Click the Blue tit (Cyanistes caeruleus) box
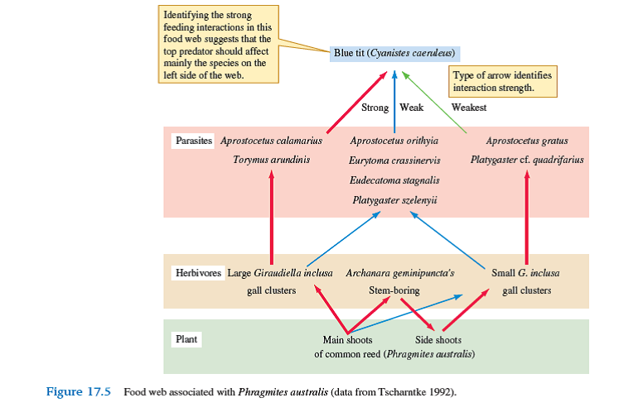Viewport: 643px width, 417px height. tap(394, 53)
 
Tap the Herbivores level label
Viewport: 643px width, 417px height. tap(196, 272)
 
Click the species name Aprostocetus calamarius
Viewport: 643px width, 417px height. tap(271, 141)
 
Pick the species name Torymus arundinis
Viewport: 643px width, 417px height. tap(271, 159)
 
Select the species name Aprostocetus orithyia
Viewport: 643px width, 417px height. tap(394, 141)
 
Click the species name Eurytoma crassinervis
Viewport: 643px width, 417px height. tap(394, 160)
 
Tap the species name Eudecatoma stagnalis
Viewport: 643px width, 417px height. tap(394, 180)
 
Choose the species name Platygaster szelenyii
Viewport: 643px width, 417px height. tap(394, 199)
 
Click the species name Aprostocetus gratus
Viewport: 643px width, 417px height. tap(526, 141)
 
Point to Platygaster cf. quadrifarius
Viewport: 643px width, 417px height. tap(527, 159)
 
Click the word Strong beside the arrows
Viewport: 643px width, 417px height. tap(375, 108)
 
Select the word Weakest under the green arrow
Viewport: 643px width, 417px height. tap(468, 108)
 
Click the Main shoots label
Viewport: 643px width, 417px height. tap(347, 339)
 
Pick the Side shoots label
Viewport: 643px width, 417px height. tap(438, 339)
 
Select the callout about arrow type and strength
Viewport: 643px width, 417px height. tap(502, 81)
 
